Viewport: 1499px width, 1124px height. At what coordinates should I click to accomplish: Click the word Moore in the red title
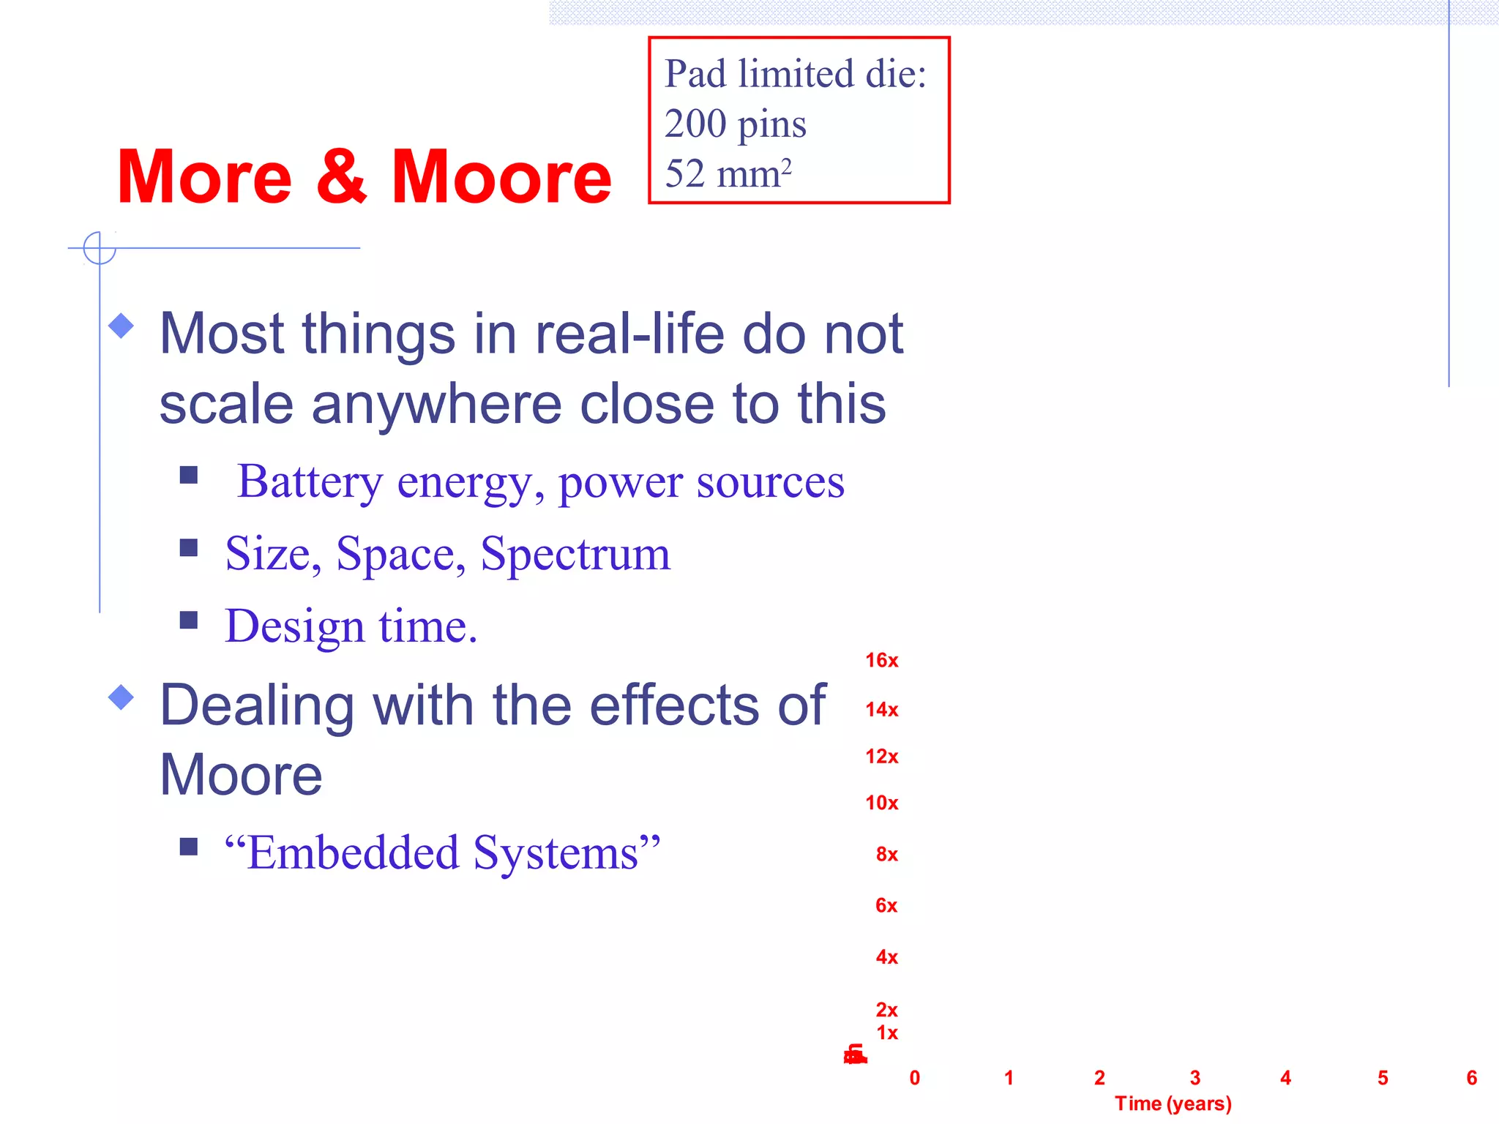(x=501, y=177)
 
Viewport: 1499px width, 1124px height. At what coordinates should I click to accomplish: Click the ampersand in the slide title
(x=341, y=177)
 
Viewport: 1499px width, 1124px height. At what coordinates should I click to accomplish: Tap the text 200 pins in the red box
(x=735, y=124)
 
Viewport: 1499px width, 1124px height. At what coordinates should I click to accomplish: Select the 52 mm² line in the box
(x=728, y=173)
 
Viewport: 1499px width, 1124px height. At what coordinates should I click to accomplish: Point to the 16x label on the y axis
(x=881, y=660)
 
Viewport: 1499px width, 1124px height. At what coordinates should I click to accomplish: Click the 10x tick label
(x=881, y=803)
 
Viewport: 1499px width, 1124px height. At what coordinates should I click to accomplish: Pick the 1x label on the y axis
(x=887, y=1033)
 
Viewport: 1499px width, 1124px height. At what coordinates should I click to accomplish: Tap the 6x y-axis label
(x=886, y=905)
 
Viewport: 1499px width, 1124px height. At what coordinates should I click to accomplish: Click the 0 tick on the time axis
(x=915, y=1077)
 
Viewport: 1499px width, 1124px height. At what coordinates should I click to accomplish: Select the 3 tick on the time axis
(x=1195, y=1077)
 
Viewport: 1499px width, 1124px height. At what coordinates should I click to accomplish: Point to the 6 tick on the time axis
(x=1472, y=1077)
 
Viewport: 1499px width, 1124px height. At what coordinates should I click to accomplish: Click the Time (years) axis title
(x=1173, y=1103)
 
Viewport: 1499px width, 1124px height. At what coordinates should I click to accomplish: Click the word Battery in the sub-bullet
(x=310, y=482)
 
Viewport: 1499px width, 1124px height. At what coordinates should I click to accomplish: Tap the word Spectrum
(x=575, y=554)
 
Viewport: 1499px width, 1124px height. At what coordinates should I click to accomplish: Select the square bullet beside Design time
(x=189, y=621)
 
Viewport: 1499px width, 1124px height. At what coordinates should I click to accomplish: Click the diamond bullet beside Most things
(x=122, y=326)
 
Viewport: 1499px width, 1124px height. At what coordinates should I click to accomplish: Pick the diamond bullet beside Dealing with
(x=122, y=697)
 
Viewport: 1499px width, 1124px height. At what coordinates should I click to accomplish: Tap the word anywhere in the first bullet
(x=436, y=404)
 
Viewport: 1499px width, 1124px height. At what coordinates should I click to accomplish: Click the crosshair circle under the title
(x=100, y=248)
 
